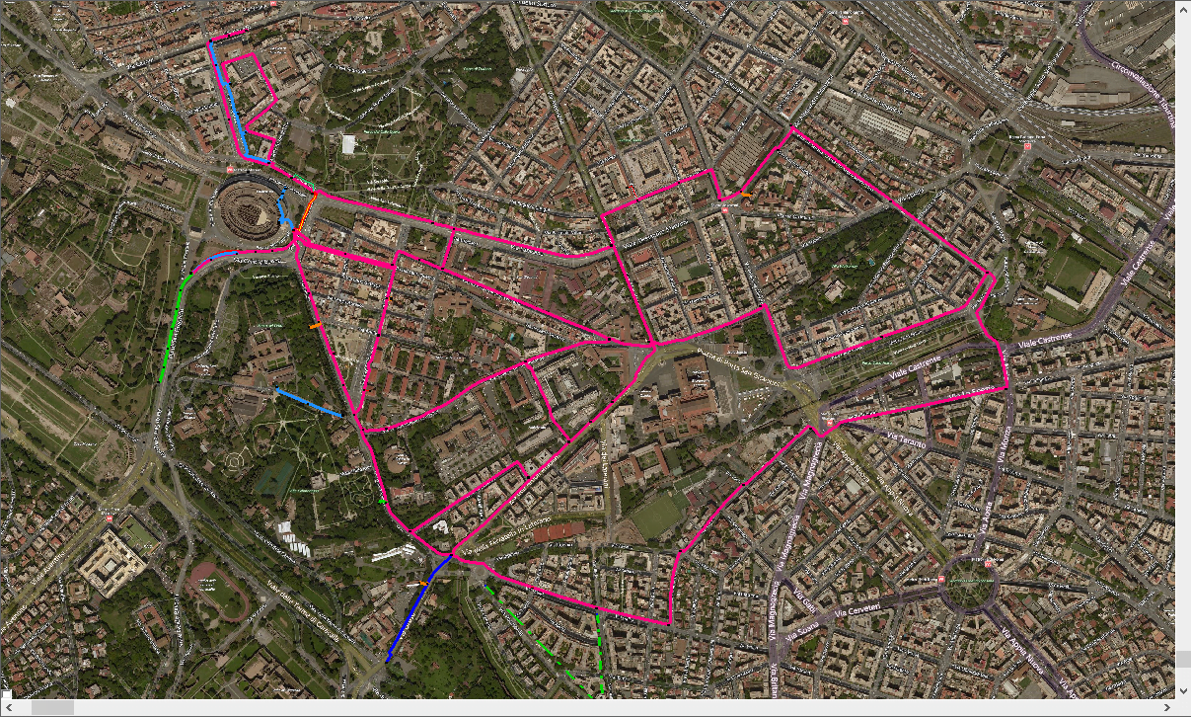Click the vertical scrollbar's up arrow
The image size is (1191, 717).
(1182, 10)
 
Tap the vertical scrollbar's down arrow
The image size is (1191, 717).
(1182, 690)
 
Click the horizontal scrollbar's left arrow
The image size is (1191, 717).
(10, 708)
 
